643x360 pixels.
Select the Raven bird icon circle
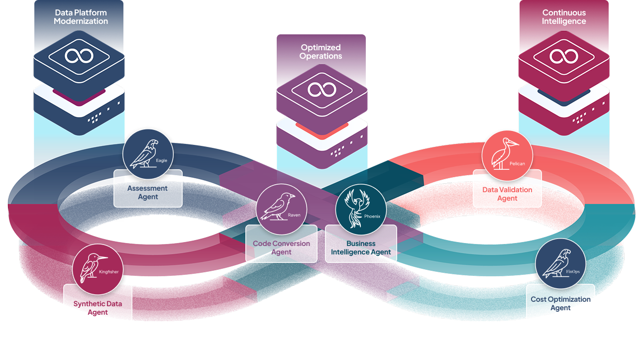click(x=281, y=209)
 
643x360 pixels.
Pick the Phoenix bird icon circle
click(x=361, y=210)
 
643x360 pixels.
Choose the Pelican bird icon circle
click(x=507, y=155)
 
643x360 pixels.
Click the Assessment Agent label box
click(x=148, y=192)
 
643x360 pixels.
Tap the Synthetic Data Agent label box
click(x=98, y=308)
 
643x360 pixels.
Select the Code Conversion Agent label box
click(x=281, y=247)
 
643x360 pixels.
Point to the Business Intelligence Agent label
click(x=361, y=247)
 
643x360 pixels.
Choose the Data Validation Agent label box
click(x=507, y=194)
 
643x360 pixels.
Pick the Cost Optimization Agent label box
click(x=560, y=303)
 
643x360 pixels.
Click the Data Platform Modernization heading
click(x=81, y=17)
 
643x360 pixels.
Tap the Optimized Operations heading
click(x=321, y=52)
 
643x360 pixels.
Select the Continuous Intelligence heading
click(x=564, y=17)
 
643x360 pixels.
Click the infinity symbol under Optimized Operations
click(x=321, y=90)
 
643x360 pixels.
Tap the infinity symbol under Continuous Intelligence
click(x=564, y=56)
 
